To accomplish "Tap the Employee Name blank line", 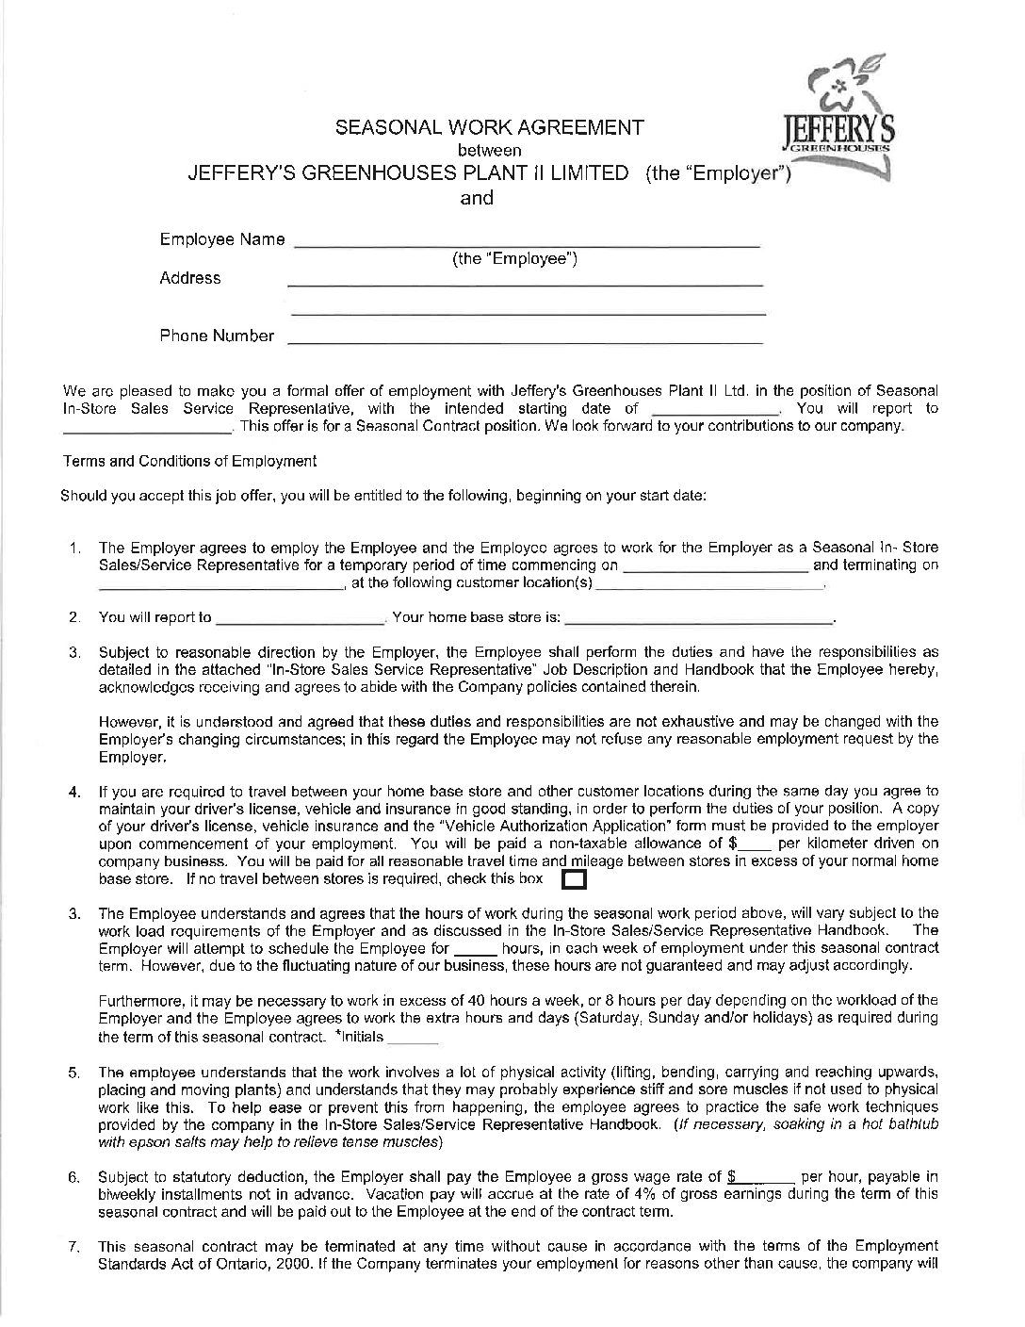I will point(528,243).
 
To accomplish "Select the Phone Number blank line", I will point(525,340).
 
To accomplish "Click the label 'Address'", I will point(190,278).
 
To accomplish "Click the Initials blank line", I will point(413,1040).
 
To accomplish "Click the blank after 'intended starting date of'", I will point(715,412).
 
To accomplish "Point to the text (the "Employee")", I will point(515,259).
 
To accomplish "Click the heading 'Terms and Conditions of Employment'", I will point(189,461).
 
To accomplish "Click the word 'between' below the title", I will point(489,151).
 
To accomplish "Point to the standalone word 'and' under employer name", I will point(476,198).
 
